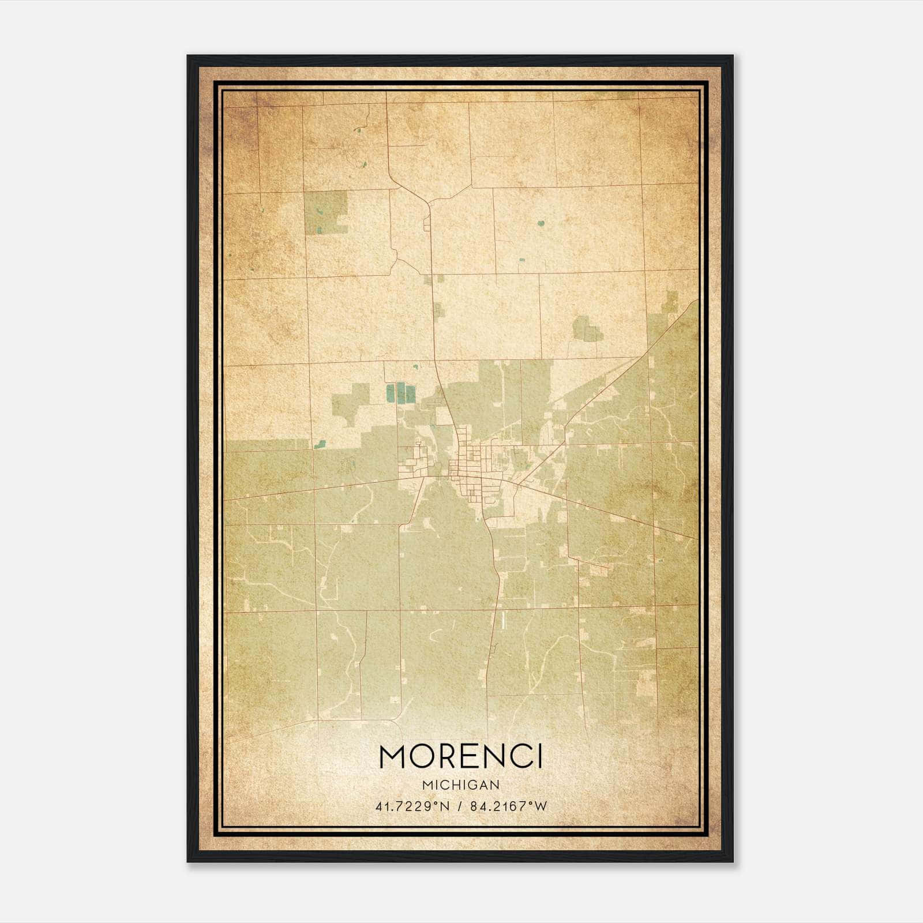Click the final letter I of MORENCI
pos(539,757)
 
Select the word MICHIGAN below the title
pos(461,785)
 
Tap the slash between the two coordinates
pos(460,806)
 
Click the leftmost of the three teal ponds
pos(391,393)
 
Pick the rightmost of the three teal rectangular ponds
pos(410,393)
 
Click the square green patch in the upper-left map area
pos(326,213)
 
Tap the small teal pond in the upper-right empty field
pos(541,223)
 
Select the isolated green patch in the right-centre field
pos(587,328)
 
